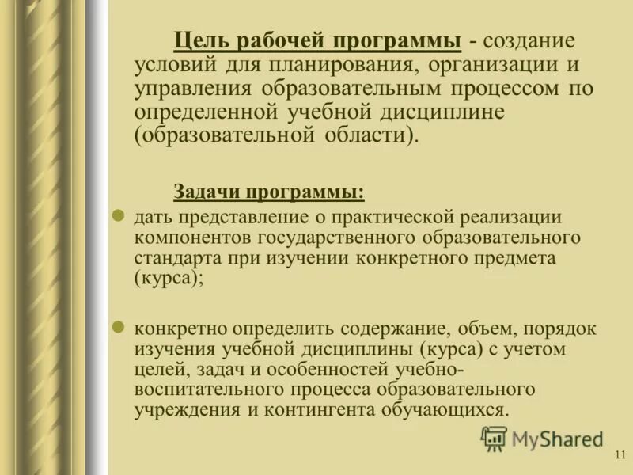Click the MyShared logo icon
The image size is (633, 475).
coord(495,438)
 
